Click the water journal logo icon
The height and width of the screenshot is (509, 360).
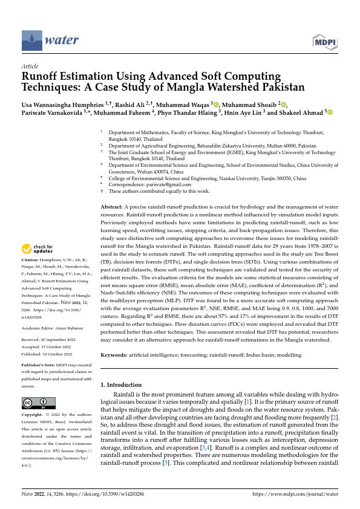coord(31,41)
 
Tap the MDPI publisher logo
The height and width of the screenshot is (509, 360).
coord(325,41)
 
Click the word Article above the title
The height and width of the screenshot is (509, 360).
coord(30,65)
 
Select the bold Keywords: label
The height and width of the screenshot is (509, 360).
coord(116,356)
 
